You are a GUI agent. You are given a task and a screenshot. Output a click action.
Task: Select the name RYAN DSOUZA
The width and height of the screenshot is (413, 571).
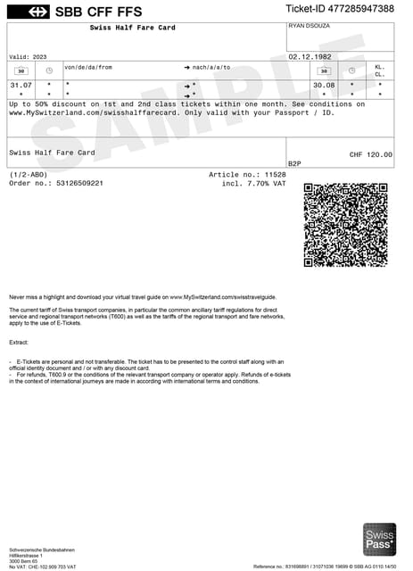point(310,26)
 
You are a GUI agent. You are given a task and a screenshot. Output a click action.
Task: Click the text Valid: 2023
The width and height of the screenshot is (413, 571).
point(28,57)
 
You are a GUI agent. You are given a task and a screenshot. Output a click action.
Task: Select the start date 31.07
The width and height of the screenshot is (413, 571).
point(21,85)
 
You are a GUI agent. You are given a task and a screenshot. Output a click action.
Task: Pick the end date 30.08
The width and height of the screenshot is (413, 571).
point(323,85)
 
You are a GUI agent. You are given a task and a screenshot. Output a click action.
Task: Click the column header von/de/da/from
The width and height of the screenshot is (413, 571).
point(88,67)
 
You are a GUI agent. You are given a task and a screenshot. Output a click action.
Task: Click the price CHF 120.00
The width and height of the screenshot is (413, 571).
point(370,154)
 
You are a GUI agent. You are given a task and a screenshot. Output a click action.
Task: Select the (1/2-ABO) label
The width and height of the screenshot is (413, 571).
point(29,175)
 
